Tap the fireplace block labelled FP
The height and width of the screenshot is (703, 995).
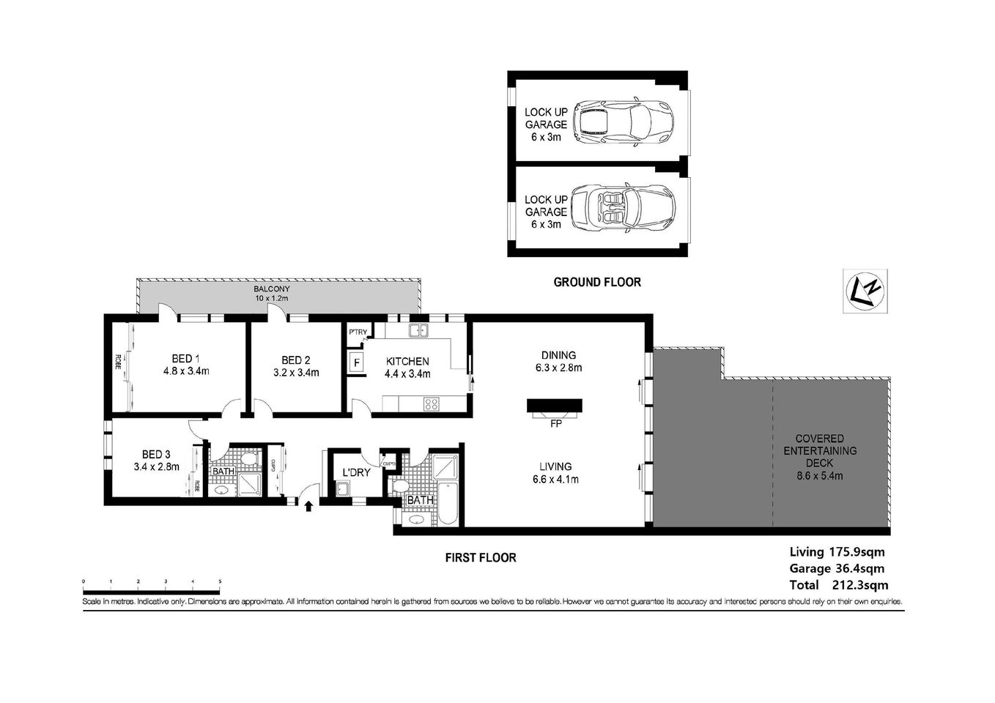click(x=555, y=406)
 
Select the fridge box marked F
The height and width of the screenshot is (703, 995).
click(x=357, y=362)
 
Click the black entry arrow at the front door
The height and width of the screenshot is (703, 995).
click(x=308, y=505)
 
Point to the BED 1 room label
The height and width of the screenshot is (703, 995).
click(x=186, y=365)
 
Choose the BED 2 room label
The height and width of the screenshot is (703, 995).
click(x=295, y=366)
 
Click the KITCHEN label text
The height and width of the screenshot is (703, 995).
click(x=407, y=361)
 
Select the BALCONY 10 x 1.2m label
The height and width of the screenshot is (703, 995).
click(x=271, y=294)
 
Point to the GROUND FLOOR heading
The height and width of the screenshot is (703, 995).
click(x=596, y=282)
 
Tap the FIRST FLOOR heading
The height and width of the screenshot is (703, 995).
click(x=481, y=558)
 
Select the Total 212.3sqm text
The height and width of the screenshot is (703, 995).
click(x=838, y=584)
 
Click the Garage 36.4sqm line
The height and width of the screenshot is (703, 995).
click(x=836, y=568)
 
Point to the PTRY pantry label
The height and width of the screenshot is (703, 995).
click(x=358, y=333)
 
